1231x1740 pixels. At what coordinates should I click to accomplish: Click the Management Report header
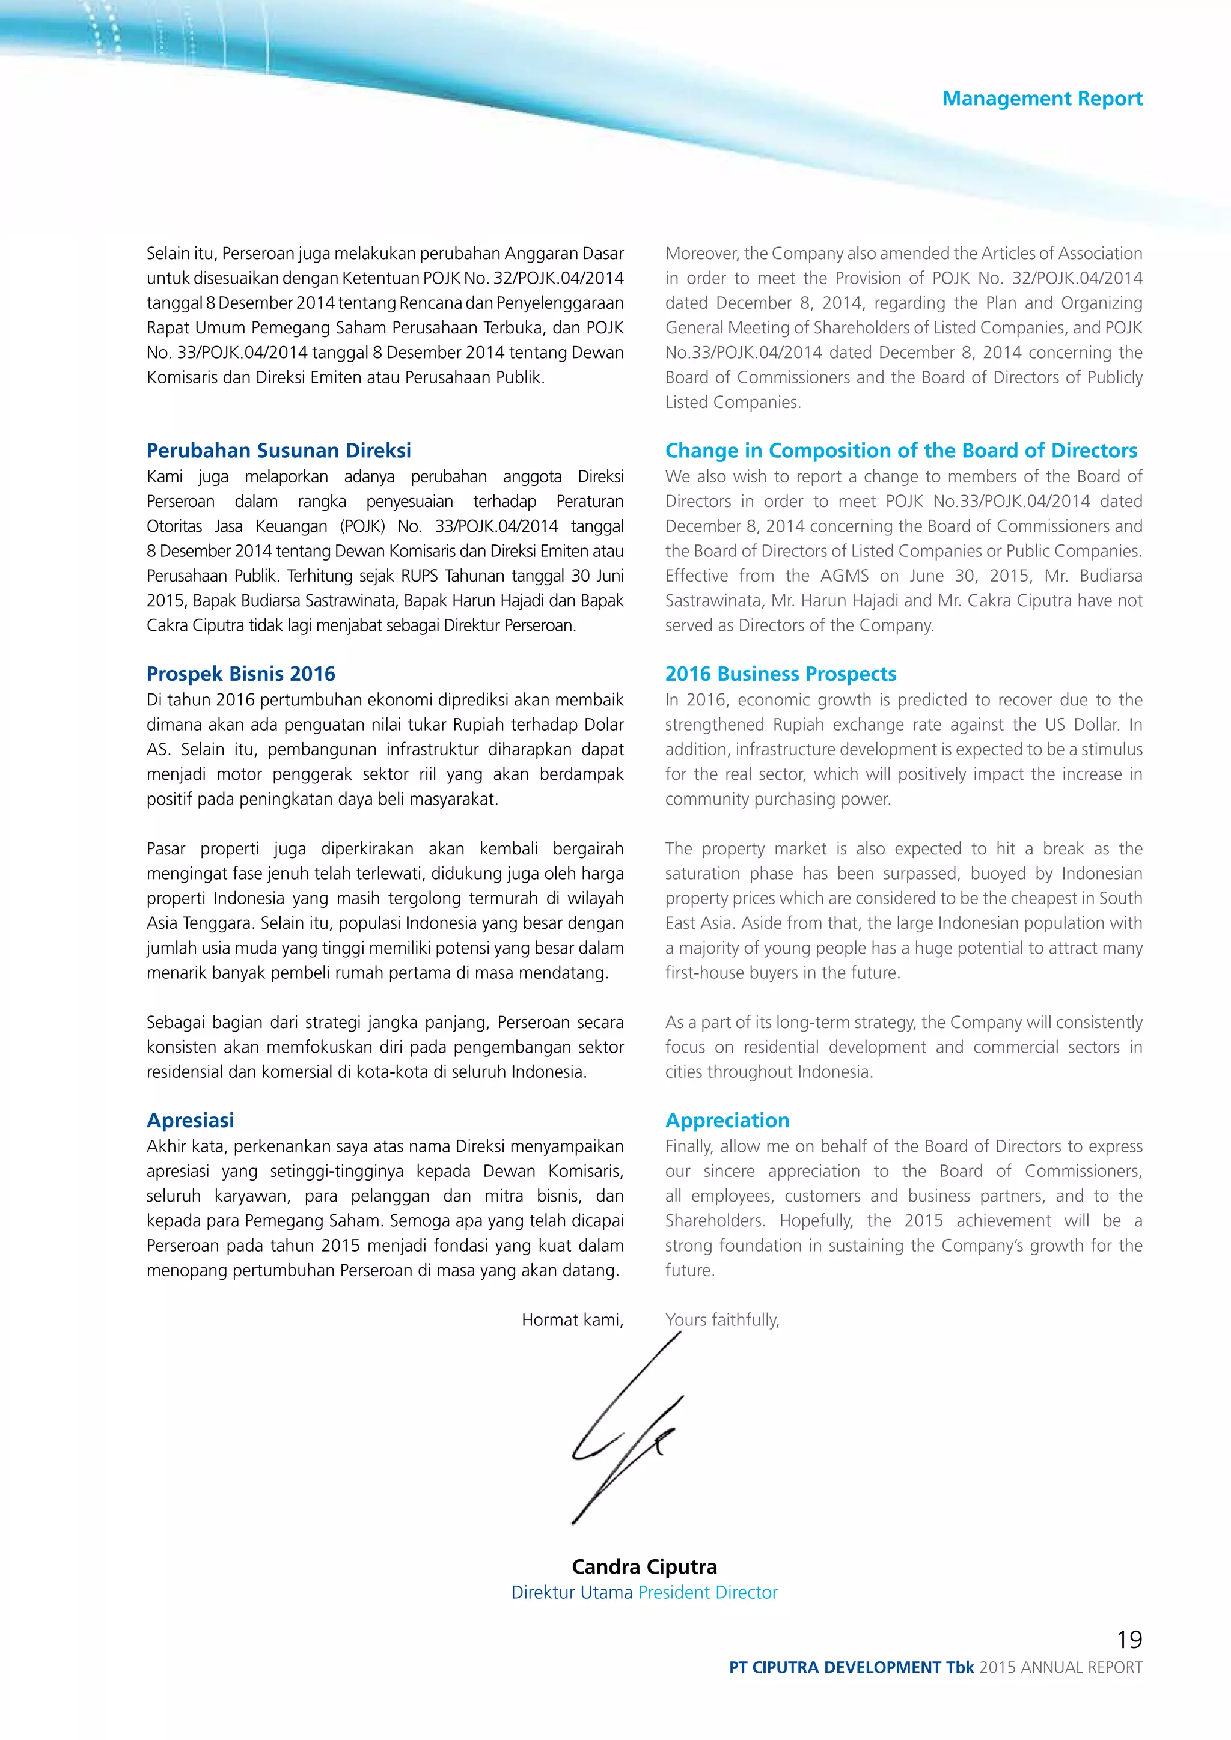pyautogui.click(x=1042, y=99)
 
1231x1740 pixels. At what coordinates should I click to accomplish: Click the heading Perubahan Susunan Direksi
pyautogui.click(x=278, y=450)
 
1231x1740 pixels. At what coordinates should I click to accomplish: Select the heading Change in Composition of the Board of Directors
pyautogui.click(x=900, y=450)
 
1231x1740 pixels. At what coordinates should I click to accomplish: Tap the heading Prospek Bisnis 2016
pyautogui.click(x=240, y=674)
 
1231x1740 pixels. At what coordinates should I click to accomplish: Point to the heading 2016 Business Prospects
pyautogui.click(x=780, y=674)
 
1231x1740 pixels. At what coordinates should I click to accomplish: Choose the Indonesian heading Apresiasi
pyautogui.click(x=191, y=1120)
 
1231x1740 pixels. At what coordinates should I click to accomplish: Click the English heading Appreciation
pyautogui.click(x=727, y=1120)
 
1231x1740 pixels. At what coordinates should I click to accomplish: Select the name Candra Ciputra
pyautogui.click(x=644, y=1566)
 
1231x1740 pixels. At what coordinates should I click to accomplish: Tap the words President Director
pyautogui.click(x=707, y=1592)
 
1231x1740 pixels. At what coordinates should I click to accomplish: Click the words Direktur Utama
pyautogui.click(x=572, y=1592)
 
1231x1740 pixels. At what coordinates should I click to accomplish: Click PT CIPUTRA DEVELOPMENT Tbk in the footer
pyautogui.click(x=851, y=1667)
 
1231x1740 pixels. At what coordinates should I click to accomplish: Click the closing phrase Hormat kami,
pyautogui.click(x=572, y=1320)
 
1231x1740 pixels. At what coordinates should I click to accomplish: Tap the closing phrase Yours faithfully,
pyautogui.click(x=722, y=1320)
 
